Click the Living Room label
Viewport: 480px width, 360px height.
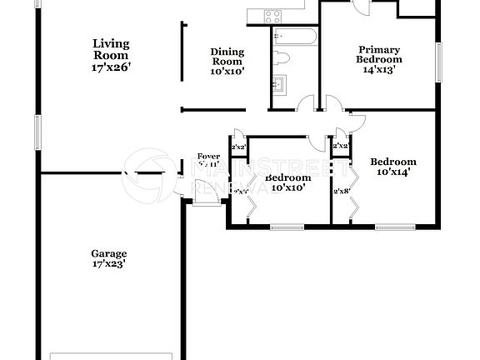[110, 49]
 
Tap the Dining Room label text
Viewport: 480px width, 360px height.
[226, 57]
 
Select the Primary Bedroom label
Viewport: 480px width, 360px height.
[378, 54]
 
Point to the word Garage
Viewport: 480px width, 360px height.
[109, 253]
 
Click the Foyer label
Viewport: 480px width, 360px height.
[207, 157]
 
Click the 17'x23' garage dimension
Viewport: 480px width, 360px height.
[109, 264]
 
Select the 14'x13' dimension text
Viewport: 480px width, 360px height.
[378, 70]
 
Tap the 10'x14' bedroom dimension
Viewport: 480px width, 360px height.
[392, 172]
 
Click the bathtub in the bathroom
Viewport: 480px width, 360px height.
[293, 37]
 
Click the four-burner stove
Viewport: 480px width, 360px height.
[272, 15]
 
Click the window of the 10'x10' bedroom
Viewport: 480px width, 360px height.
[286, 227]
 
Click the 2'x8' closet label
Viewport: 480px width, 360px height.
[341, 191]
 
